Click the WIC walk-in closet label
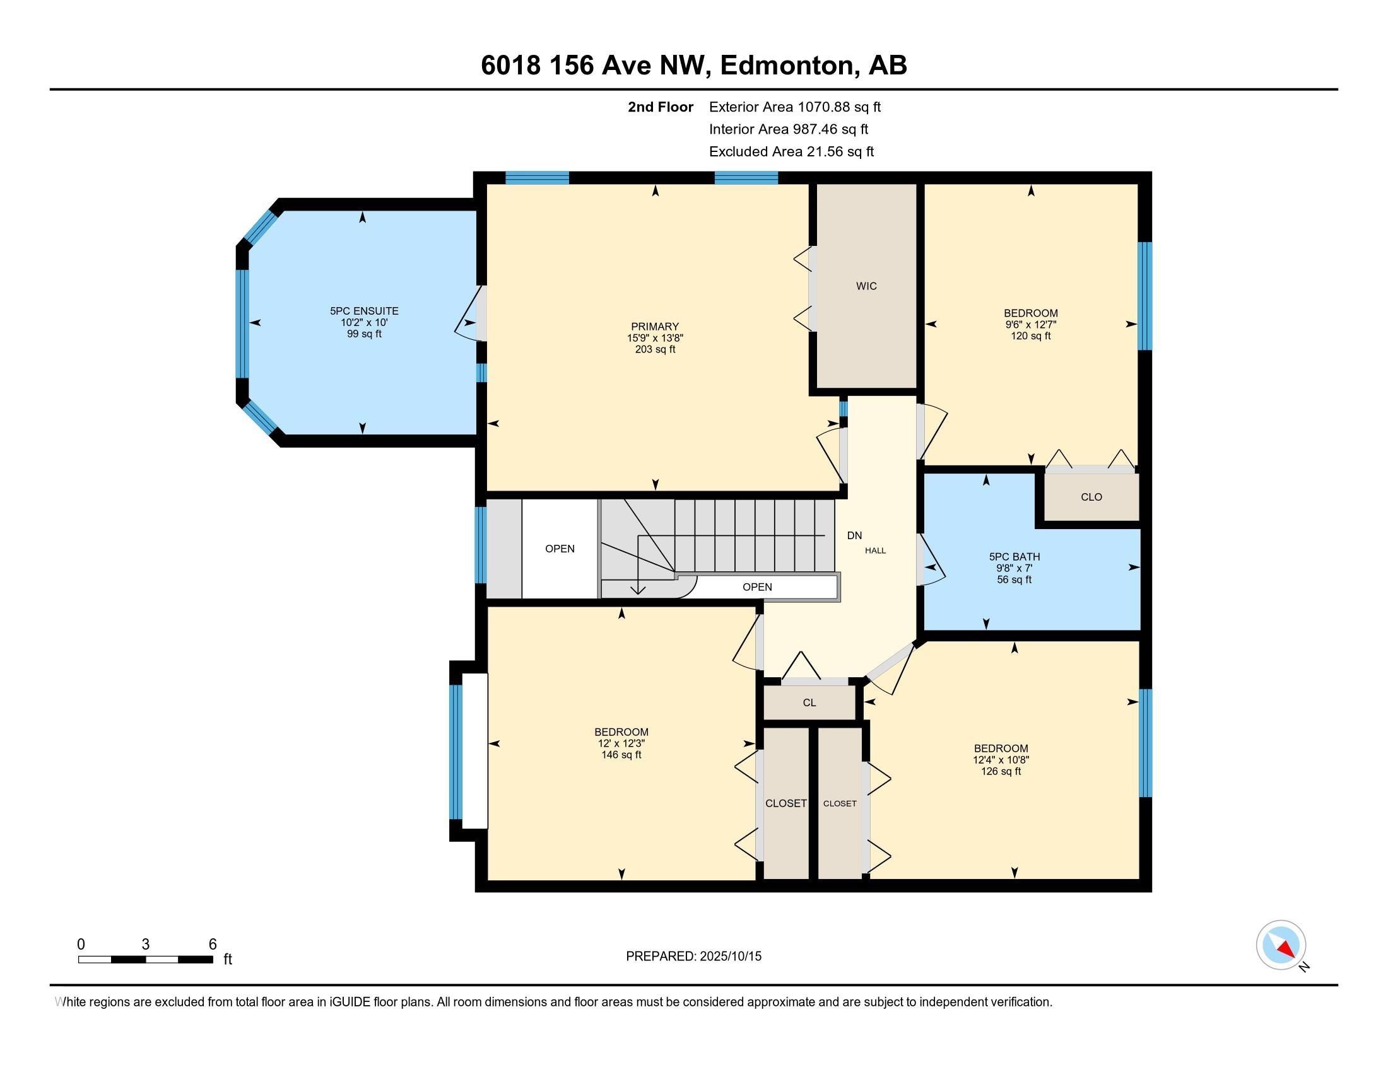[866, 286]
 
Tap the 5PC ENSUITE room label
[364, 311]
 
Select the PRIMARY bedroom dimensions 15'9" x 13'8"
[655, 339]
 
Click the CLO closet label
[1091, 498]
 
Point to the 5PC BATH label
[1014, 557]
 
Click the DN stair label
[854, 536]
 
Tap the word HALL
[875, 551]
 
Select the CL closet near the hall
[809, 703]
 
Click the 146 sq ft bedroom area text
[621, 755]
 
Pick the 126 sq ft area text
[1001, 772]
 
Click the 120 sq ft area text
[1030, 336]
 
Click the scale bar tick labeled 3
[146, 945]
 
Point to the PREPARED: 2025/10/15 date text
[693, 957]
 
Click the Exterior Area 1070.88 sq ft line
[794, 107]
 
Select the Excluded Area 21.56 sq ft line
[791, 152]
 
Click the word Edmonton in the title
[786, 66]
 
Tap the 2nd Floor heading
[661, 107]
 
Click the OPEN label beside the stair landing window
[559, 549]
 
